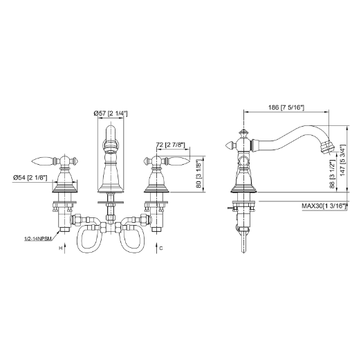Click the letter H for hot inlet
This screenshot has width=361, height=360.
[59, 247]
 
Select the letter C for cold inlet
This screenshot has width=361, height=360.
[160, 247]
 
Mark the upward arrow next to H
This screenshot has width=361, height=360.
[66, 247]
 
